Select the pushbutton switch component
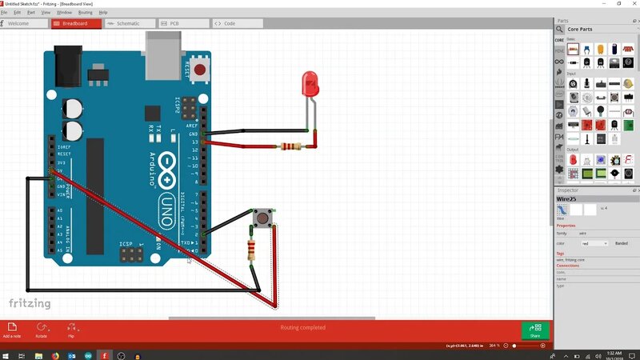pos(261,218)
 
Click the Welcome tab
pos(24,24)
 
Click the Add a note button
pos(13,329)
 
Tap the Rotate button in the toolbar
pos(42,329)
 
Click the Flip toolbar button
pos(71,329)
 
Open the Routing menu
pos(85,12)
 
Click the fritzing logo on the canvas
pos(30,304)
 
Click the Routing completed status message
pos(302,327)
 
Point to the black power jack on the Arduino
pos(68,59)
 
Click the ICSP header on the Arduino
pos(130,254)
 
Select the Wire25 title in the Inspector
pos(567,198)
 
